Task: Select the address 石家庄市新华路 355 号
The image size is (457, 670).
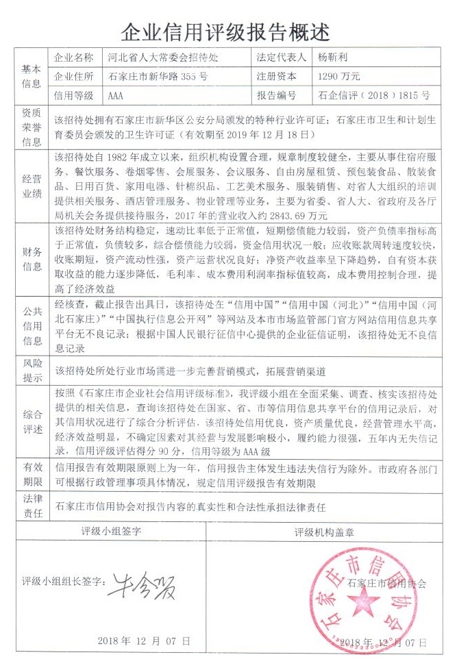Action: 158,76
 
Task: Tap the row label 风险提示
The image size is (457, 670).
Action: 32,371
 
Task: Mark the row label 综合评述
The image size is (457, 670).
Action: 32,423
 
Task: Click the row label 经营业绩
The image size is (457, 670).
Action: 32,184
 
